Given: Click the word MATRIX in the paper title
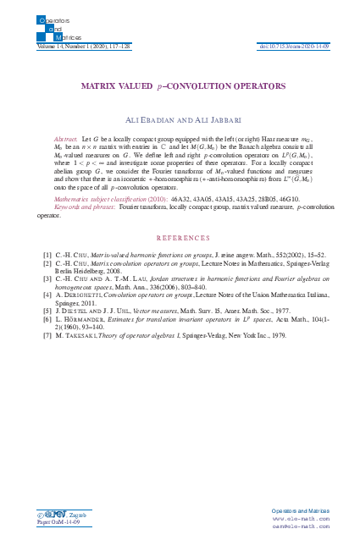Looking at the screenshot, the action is [x=97, y=86].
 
